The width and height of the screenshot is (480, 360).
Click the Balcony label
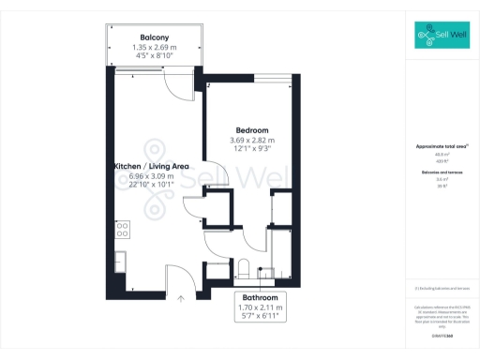[x=155, y=37]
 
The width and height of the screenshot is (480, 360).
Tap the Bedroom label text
[x=252, y=130]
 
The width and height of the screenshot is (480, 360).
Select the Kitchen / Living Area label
[x=152, y=166]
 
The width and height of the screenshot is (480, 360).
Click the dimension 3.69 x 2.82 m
[x=252, y=141]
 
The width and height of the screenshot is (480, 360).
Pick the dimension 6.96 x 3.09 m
[x=152, y=176]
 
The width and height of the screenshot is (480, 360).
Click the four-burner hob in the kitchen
[x=122, y=228]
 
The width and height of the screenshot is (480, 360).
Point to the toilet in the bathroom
[x=243, y=267]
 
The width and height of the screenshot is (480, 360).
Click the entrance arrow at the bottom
[x=182, y=298]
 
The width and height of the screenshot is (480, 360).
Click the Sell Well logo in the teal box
[x=442, y=37]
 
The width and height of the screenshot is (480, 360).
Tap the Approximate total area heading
[x=442, y=146]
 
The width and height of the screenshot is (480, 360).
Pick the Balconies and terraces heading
[x=442, y=172]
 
